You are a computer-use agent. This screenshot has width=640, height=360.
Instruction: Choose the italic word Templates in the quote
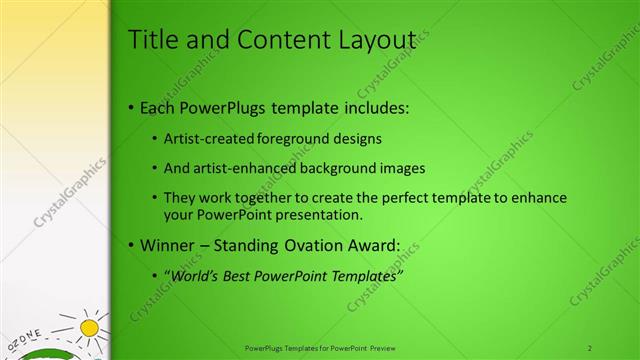(x=360, y=276)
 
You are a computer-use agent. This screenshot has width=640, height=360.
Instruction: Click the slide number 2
(x=591, y=347)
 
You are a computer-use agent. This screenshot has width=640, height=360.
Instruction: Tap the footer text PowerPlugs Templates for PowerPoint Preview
(x=320, y=347)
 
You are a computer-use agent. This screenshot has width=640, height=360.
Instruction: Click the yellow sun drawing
(x=91, y=327)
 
